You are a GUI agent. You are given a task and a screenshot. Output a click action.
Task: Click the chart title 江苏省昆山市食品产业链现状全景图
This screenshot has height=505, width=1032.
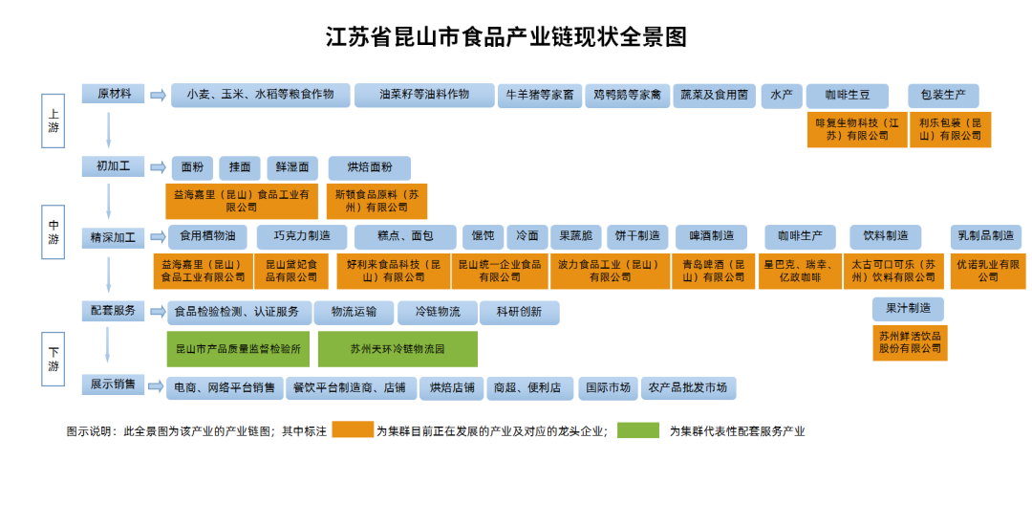pos(505,37)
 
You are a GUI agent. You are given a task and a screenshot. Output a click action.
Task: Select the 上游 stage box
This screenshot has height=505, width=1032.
pos(54,121)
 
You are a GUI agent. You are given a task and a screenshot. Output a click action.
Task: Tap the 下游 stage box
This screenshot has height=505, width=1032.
pos(54,360)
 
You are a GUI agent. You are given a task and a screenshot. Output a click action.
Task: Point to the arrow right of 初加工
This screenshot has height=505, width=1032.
pos(158,167)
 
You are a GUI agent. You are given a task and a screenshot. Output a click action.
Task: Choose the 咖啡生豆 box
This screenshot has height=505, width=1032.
pos(846,96)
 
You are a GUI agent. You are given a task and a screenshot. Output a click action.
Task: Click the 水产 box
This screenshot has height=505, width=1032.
pos(781,96)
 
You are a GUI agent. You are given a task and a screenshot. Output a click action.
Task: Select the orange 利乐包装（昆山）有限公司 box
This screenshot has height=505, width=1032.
pos(950,130)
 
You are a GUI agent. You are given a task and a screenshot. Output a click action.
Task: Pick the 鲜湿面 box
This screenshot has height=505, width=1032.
pos(291,167)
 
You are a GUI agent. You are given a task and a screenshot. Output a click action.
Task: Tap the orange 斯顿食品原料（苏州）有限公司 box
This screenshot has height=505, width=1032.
pos(376,201)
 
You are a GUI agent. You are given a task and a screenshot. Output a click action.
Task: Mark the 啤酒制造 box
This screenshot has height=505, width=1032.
pos(711,236)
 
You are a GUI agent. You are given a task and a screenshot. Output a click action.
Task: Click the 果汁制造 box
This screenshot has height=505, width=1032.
pos(908,309)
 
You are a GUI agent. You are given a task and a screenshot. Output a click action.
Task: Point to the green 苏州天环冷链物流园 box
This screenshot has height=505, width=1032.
pos(398,349)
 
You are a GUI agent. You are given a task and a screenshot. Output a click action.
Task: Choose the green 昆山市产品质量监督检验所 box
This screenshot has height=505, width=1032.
pos(238,349)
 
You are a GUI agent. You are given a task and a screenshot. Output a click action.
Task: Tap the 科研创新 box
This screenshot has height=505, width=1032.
pos(518,312)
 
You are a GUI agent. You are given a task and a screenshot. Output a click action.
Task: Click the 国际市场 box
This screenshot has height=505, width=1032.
pos(608,387)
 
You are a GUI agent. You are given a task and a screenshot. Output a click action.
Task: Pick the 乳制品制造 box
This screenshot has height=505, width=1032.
pos(985,236)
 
